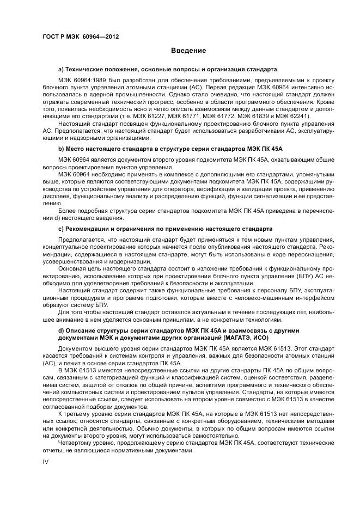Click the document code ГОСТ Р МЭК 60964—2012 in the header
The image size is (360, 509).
tap(80, 36)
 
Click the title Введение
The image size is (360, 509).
tap(188, 51)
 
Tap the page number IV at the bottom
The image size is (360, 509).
tap(46, 461)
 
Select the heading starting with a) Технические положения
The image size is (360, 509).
tap(167, 70)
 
